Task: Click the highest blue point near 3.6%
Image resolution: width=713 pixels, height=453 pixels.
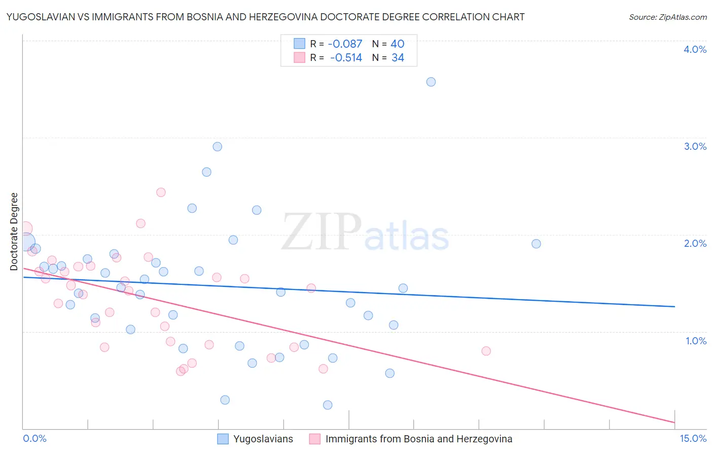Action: [x=431, y=82]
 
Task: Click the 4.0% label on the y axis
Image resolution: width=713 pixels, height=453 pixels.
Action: [x=695, y=49]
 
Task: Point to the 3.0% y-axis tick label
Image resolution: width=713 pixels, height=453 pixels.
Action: [x=695, y=146]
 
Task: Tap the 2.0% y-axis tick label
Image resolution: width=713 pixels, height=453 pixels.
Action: [x=695, y=243]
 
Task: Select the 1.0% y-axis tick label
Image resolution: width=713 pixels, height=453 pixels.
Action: [x=696, y=341]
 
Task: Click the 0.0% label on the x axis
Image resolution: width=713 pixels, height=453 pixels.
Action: [x=34, y=438]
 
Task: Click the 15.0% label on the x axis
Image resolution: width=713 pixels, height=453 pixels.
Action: [x=693, y=438]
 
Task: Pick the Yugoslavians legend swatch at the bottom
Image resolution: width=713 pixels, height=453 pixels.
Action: [x=223, y=439]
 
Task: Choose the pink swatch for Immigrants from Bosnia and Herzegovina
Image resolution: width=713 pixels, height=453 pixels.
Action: [x=315, y=439]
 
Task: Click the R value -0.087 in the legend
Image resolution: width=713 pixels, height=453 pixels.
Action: [x=345, y=44]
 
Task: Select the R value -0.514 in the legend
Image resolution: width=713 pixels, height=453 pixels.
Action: [x=346, y=58]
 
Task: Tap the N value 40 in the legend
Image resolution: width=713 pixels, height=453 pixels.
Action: [x=398, y=44]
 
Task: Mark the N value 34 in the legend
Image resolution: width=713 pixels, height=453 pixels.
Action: [x=398, y=58]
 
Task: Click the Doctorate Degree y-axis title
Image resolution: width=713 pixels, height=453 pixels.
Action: [x=14, y=232]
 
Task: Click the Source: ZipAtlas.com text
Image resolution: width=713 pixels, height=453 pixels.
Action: [x=667, y=17]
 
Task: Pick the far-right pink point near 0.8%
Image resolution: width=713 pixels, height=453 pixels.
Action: [x=486, y=351]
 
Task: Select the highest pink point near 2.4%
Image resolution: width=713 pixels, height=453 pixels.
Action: [x=161, y=192]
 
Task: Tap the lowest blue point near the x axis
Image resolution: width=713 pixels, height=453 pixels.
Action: [x=328, y=405]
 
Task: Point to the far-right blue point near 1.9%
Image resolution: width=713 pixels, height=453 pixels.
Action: [x=536, y=244]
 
